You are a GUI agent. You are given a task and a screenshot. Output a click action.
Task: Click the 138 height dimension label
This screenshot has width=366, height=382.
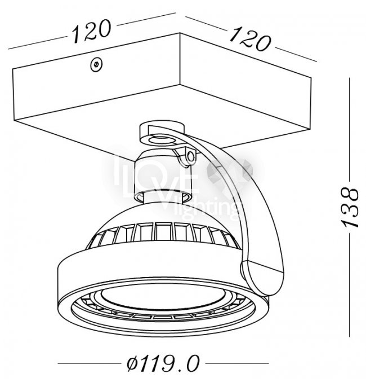(350, 207)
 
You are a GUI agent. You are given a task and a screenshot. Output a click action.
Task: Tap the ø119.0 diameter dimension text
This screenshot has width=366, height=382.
(163, 363)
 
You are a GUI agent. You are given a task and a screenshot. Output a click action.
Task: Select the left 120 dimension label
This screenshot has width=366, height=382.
(92, 32)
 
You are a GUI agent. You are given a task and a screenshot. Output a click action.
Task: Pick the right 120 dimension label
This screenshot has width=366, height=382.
(251, 39)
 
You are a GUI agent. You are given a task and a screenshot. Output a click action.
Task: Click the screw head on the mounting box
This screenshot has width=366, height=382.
(96, 64)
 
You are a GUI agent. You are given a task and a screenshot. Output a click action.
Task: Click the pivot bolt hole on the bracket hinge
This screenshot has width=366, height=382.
(191, 156)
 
